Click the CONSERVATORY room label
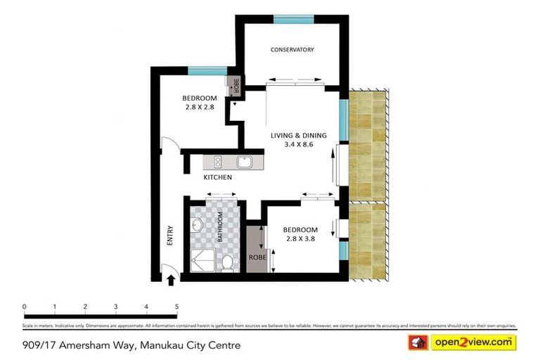point(292,50)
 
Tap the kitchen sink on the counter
point(244,162)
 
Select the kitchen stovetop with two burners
point(217,162)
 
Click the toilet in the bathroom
point(227,263)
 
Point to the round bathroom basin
point(198,226)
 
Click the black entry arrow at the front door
point(169,281)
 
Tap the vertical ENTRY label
point(169,234)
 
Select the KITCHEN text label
point(218,178)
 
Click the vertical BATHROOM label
point(220,226)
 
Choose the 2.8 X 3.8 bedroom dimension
point(300,240)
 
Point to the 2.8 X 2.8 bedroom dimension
point(199,108)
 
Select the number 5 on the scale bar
point(176,307)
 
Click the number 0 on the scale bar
point(24,307)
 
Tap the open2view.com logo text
point(473,342)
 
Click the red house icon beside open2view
point(419,343)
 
